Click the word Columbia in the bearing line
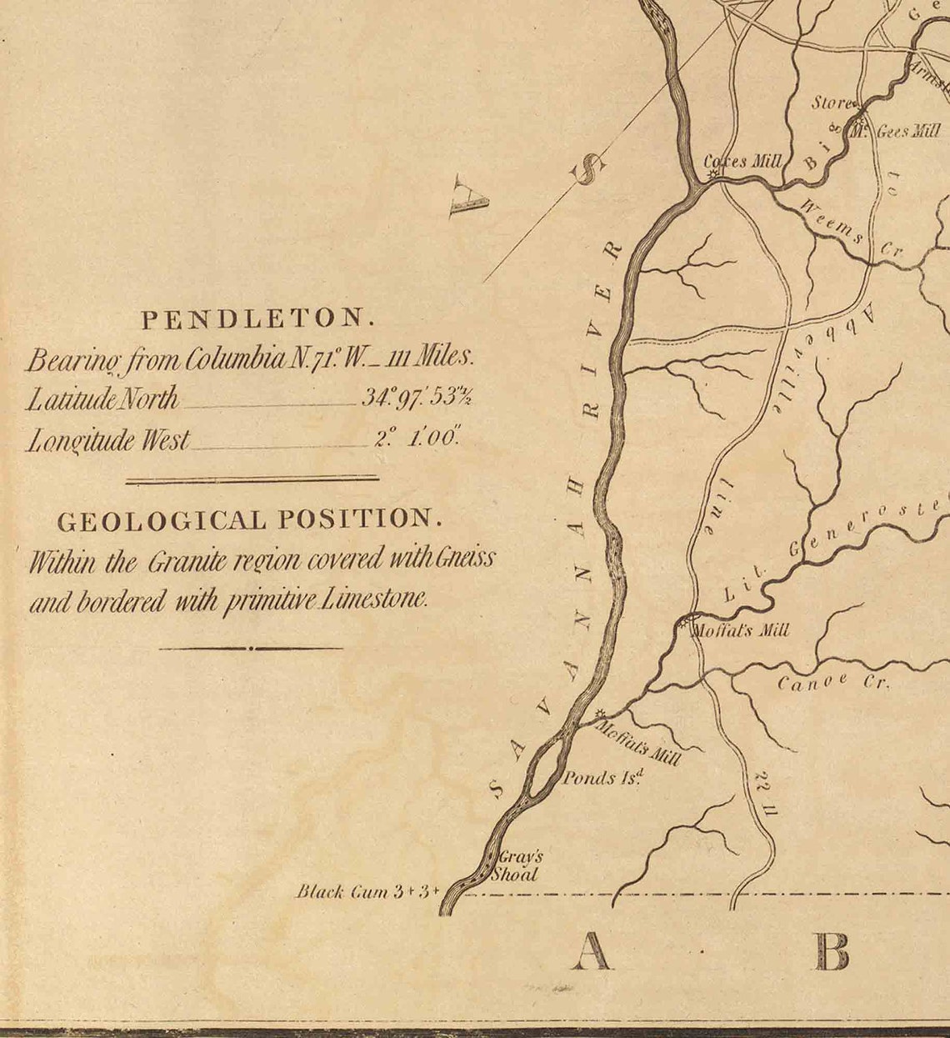[x=236, y=359]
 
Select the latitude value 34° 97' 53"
[x=417, y=398]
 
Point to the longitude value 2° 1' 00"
[x=417, y=439]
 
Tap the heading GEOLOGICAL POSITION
[x=249, y=521]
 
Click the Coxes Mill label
[x=743, y=161]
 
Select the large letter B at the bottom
[x=832, y=951]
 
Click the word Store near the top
[x=832, y=103]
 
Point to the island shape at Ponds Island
[x=542, y=772]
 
